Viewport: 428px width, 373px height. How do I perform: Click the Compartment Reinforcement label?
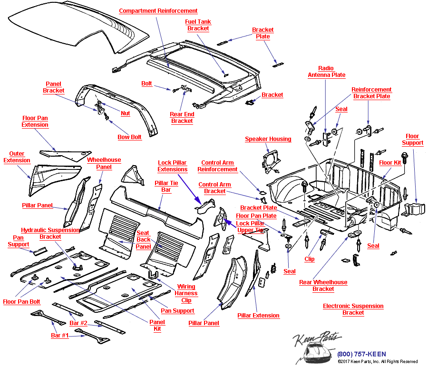tap(158, 11)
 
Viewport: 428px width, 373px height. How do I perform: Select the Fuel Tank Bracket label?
tap(198, 25)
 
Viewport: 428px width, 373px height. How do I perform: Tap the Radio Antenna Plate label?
tap(326, 72)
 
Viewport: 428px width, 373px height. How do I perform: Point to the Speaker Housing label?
tap(268, 139)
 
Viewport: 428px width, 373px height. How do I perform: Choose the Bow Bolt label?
tap(130, 137)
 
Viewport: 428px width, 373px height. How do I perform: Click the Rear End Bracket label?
tap(182, 118)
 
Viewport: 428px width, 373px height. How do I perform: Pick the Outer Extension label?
tap(17, 157)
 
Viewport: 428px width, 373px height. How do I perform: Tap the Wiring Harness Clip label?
tap(186, 293)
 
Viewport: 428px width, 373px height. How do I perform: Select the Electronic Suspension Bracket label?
tap(353, 309)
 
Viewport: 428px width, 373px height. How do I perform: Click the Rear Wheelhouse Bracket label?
tap(323, 286)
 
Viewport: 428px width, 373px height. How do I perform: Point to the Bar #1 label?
tap(60, 336)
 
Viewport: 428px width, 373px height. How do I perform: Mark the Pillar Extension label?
tap(258, 316)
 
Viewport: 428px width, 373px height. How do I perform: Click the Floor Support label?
tap(412, 140)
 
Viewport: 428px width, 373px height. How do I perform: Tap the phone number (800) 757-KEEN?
tap(361, 354)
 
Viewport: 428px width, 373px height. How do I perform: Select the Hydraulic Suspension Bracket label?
tap(50, 233)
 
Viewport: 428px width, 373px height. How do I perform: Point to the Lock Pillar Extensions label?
tap(173, 166)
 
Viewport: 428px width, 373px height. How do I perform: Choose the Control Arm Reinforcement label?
tap(217, 166)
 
